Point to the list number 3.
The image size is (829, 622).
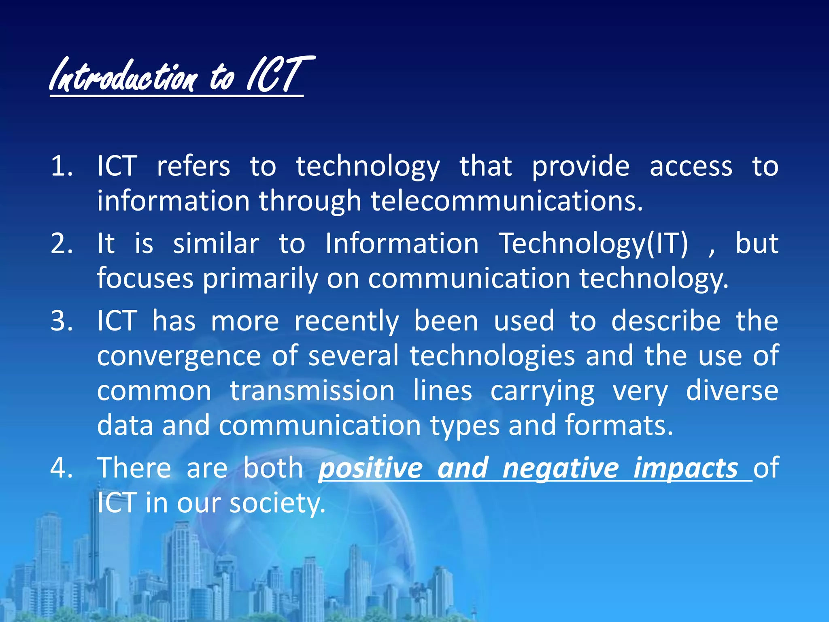coord(62,321)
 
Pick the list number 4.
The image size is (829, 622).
coord(62,468)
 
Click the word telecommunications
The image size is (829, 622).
coord(506,201)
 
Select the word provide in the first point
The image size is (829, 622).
coord(580,167)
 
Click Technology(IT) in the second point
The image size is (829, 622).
coord(593,244)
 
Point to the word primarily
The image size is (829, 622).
coord(260,279)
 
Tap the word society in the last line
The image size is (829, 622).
coord(277,503)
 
